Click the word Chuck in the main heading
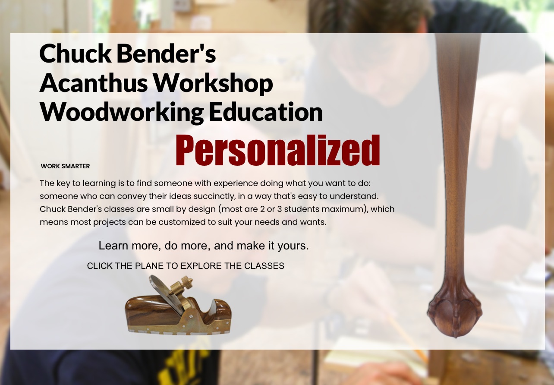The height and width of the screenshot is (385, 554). point(75,54)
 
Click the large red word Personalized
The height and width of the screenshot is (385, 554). point(277,150)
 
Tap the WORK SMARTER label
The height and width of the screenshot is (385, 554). point(65,166)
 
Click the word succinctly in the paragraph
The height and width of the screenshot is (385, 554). point(215,196)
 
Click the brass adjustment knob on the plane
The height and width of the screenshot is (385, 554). point(186,281)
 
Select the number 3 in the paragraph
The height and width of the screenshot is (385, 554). point(280,209)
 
